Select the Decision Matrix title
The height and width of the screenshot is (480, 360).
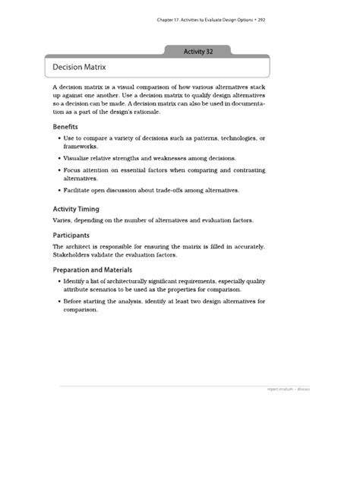pyautogui.click(x=80, y=67)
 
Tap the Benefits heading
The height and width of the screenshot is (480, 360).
pyautogui.click(x=65, y=126)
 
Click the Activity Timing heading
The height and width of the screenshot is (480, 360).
pyautogui.click(x=75, y=207)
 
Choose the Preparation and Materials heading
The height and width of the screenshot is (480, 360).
pyautogui.click(x=92, y=269)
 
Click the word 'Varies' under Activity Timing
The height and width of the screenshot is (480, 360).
pyautogui.click(x=62, y=220)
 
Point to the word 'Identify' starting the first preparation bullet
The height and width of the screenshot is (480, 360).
pyautogui.click(x=75, y=281)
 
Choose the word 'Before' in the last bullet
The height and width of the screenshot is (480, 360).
pyautogui.click(x=74, y=301)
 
